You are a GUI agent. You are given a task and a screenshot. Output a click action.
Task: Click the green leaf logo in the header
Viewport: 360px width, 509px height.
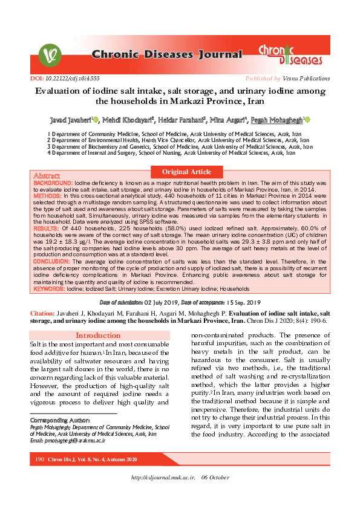50,55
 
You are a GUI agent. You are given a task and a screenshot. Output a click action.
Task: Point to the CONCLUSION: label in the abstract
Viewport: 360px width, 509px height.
52,262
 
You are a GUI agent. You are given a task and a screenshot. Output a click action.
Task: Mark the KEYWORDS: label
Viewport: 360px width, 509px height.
50,289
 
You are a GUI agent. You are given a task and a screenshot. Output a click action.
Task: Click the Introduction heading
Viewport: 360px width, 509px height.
98,336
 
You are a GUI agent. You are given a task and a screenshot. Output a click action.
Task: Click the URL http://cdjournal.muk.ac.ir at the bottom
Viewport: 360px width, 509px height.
163,495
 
